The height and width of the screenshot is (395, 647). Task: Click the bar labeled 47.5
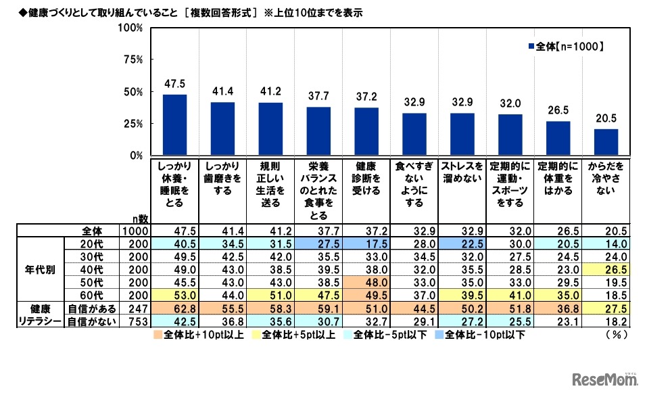174,125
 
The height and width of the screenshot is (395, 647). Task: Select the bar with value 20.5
606,142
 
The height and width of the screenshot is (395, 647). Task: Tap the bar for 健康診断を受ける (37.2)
366,131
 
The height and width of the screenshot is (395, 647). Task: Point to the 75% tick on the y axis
132,60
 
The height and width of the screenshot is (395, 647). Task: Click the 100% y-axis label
130,28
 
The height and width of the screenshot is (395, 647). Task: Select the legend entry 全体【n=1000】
565,47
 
